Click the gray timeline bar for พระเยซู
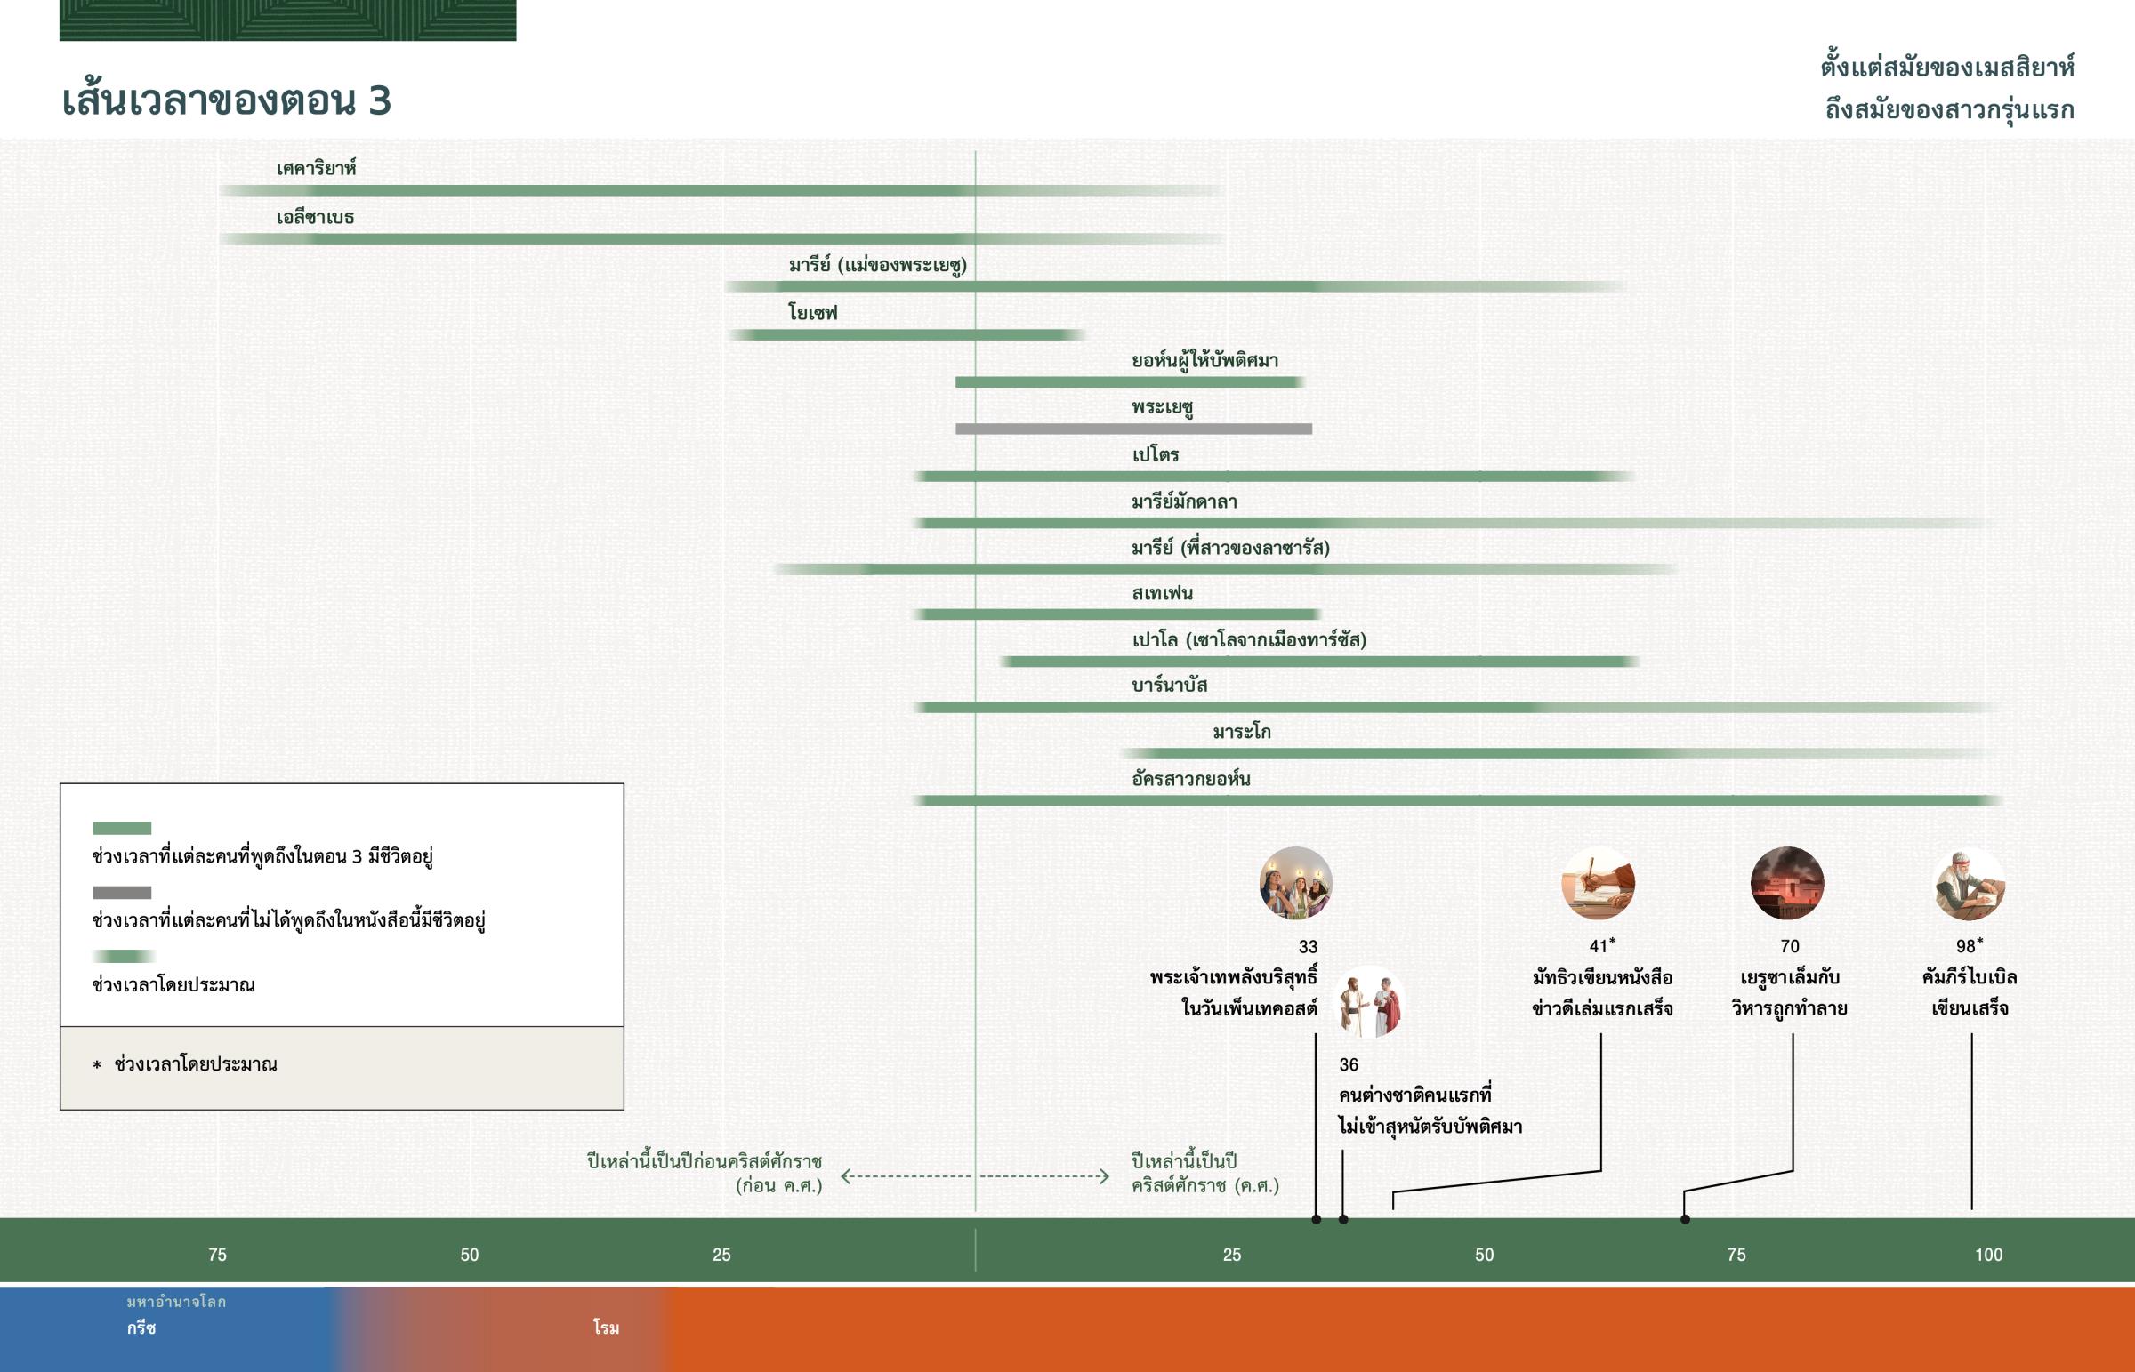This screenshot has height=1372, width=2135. tap(1133, 429)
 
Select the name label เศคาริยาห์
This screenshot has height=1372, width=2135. tap(316, 168)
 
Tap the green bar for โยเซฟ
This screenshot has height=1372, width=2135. tap(905, 335)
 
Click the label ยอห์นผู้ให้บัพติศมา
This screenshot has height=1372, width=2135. tap(1204, 361)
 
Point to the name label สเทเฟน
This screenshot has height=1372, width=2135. tap(1162, 593)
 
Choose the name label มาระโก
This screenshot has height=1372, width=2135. tap(1241, 733)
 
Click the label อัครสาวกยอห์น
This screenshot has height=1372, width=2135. tap(1190, 780)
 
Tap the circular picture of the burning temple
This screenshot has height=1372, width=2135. tap(1787, 883)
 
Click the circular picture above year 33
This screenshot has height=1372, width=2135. tap(1295, 883)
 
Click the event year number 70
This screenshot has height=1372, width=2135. tap(1789, 946)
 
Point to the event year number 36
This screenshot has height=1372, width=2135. tap(1349, 1064)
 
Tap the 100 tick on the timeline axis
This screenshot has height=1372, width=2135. tap(1988, 1255)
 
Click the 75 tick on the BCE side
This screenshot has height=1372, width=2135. tap(217, 1255)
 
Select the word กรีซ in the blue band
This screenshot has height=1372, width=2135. tap(141, 1328)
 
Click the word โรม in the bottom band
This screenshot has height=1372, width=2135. tap(606, 1328)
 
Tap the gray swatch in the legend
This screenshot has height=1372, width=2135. tap(122, 893)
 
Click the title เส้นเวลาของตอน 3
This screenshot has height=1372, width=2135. tap(226, 100)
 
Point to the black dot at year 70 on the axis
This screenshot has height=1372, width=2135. tap(1685, 1220)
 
